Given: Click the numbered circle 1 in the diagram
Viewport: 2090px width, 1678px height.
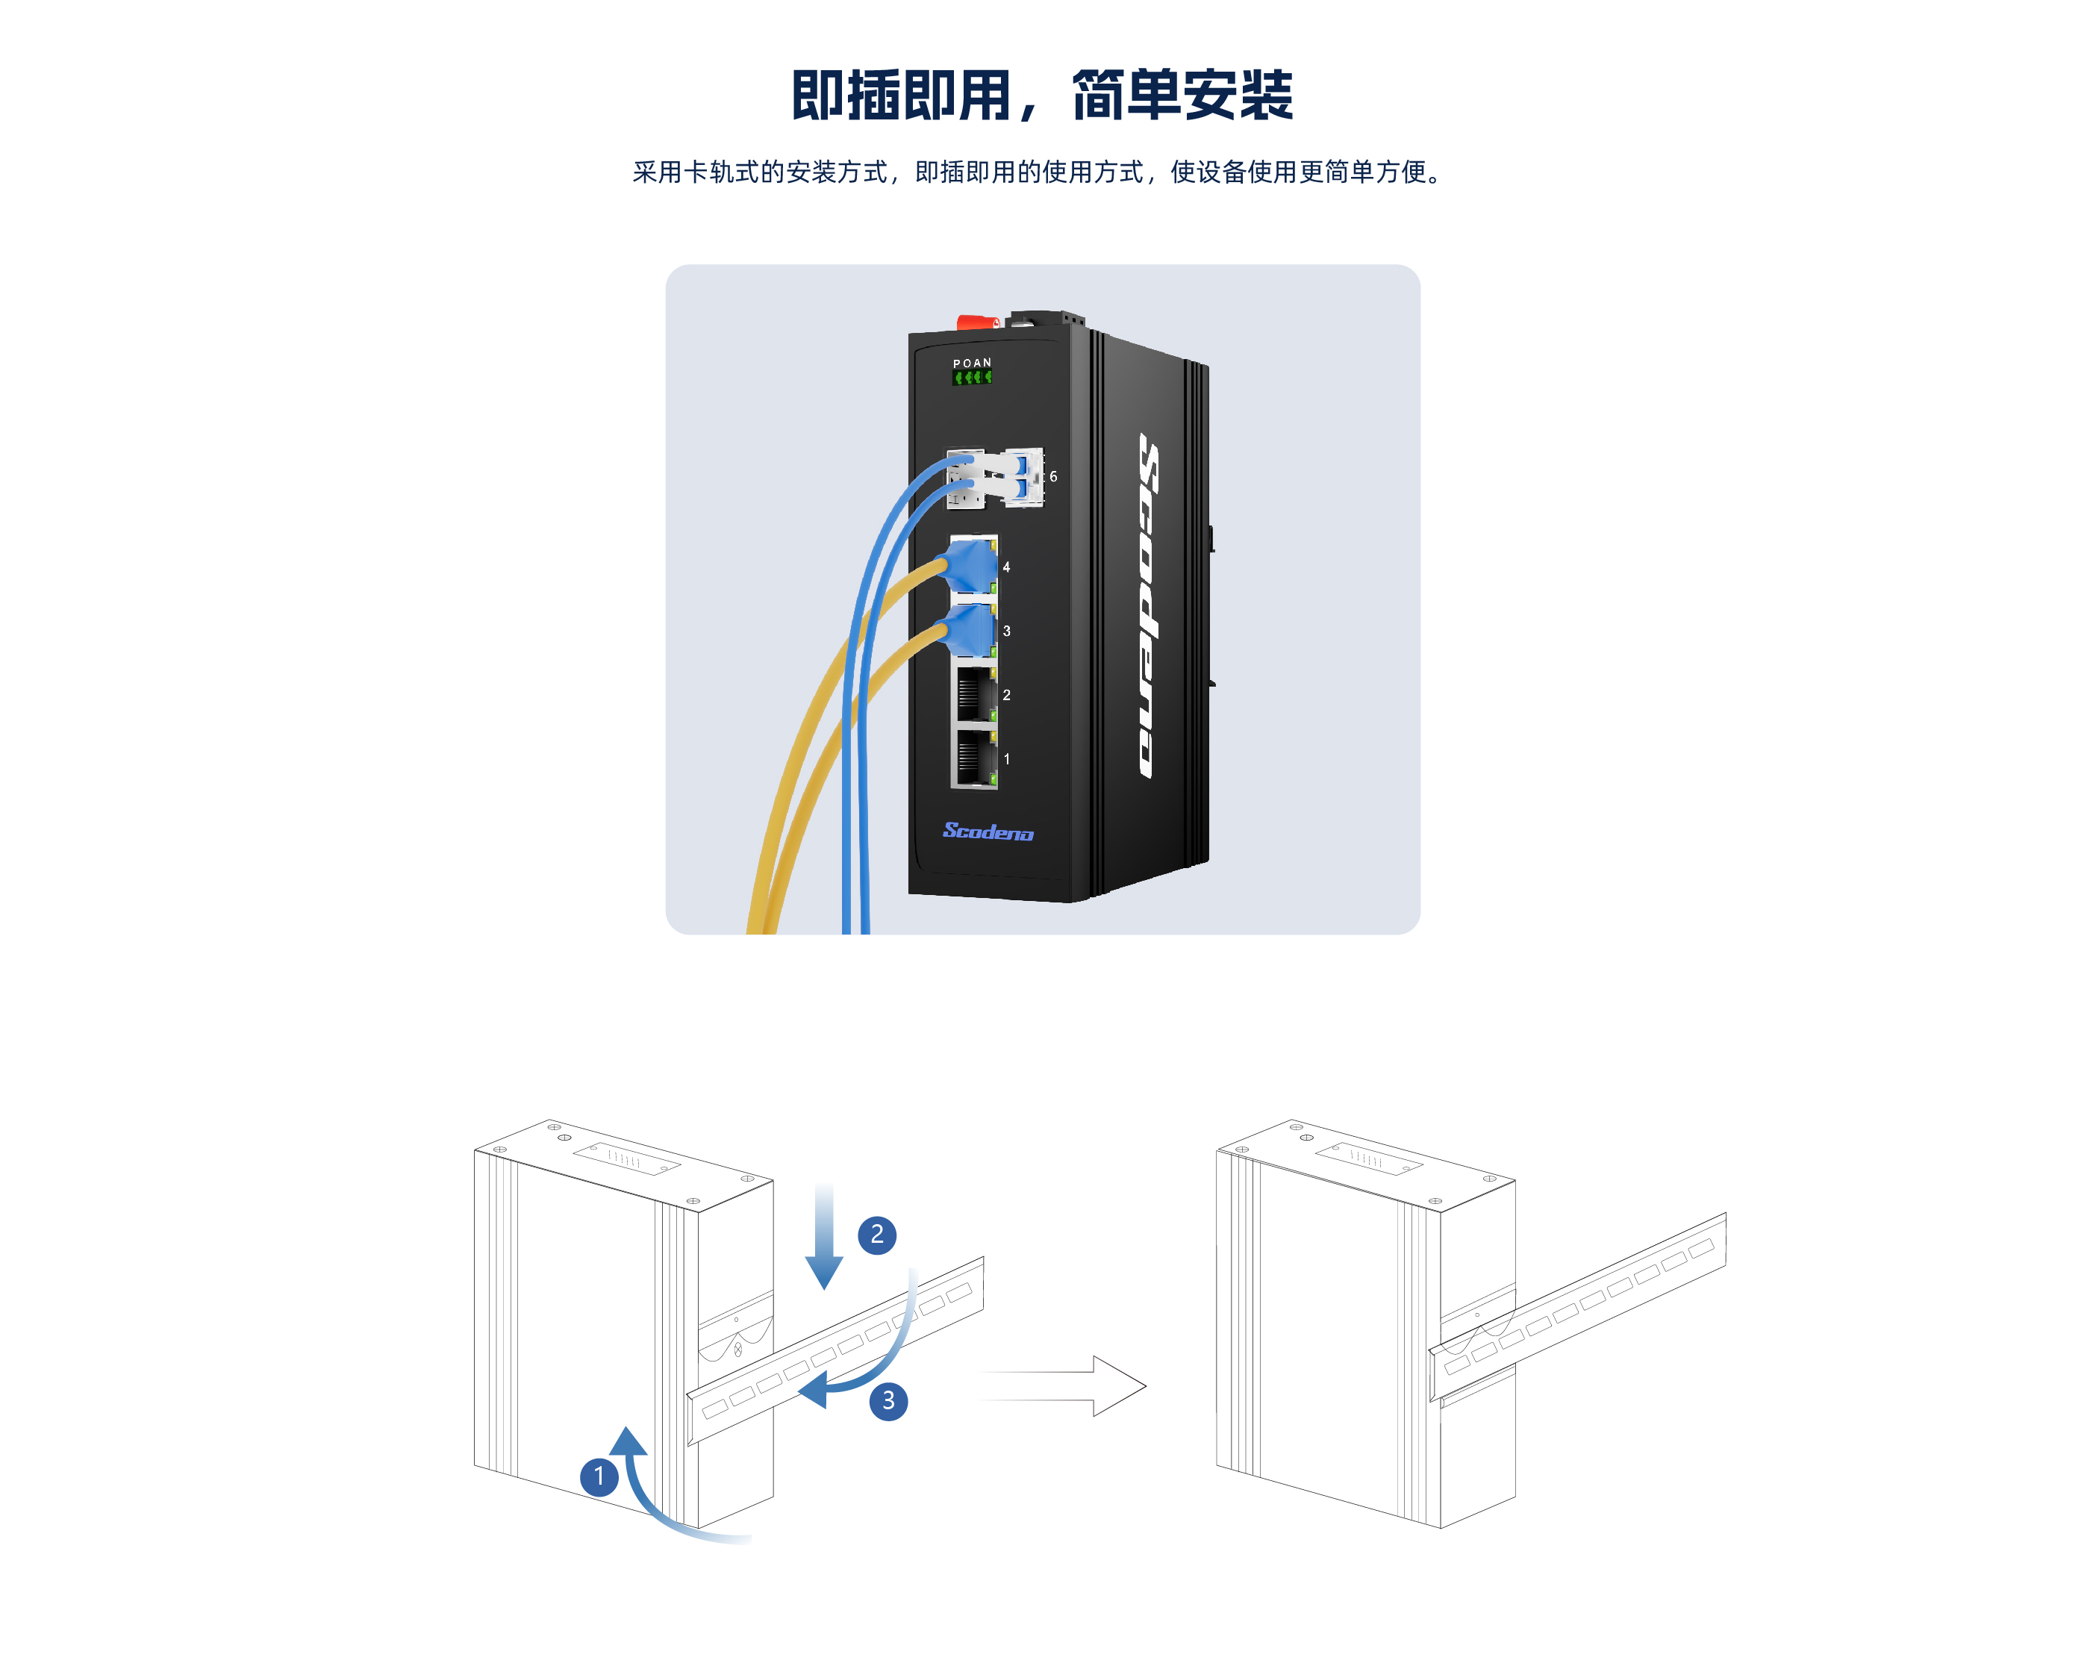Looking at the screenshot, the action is [x=599, y=1476].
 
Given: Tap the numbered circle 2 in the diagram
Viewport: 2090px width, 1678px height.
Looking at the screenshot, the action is [x=877, y=1234].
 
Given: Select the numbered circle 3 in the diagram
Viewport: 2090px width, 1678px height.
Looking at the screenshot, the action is [x=888, y=1401].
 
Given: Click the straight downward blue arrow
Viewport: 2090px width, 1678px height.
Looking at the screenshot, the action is [x=824, y=1236].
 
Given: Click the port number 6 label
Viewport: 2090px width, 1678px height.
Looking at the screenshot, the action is [x=1054, y=477].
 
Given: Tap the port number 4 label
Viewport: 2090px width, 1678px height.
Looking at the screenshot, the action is [x=1006, y=567].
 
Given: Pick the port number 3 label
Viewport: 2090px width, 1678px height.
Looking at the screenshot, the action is [x=1006, y=631].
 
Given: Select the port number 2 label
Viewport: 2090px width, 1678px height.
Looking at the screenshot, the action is [x=1006, y=695].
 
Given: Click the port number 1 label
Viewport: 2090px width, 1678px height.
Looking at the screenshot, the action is [x=1006, y=759].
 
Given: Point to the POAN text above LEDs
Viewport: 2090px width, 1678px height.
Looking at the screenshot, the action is [x=973, y=364].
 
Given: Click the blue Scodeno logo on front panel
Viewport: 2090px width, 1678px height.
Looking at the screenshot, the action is [x=988, y=831].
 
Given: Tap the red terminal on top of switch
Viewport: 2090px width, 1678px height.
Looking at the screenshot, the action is [x=977, y=322].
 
